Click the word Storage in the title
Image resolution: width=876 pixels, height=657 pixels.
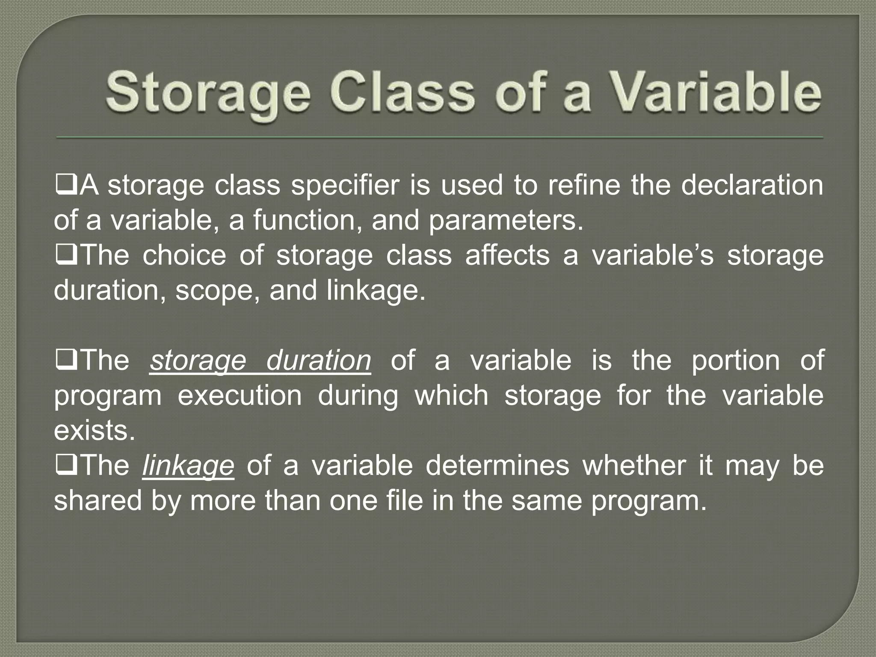point(208,94)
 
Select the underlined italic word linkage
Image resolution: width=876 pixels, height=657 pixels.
point(188,466)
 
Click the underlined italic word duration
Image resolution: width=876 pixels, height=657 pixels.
point(318,361)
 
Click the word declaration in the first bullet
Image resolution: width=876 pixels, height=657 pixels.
point(752,185)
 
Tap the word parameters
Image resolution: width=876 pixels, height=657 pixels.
point(506,220)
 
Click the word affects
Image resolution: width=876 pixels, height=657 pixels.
point(507,255)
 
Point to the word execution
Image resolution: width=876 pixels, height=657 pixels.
point(240,396)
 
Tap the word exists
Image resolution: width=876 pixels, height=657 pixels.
point(94,431)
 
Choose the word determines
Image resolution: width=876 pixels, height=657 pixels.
point(497,466)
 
